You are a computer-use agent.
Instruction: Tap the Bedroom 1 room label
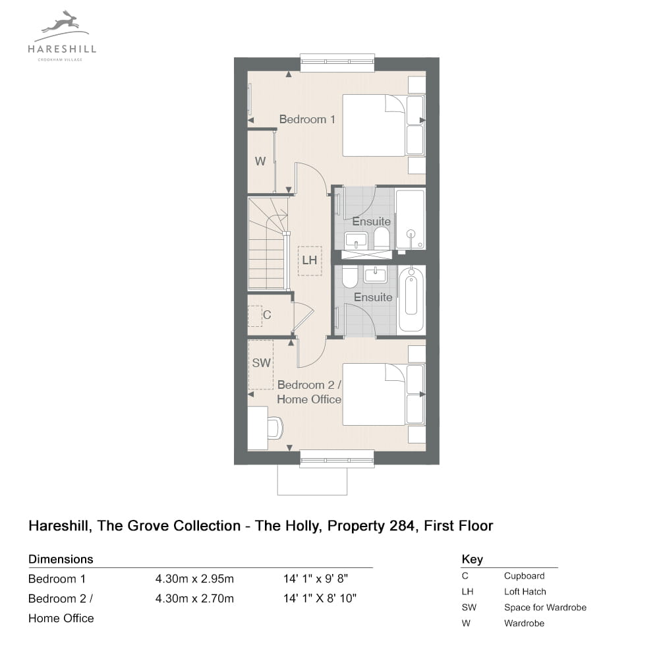coord(307,119)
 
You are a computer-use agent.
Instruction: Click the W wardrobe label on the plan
coord(260,161)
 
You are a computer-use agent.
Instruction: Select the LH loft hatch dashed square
coord(310,260)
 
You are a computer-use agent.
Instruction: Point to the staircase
coord(268,243)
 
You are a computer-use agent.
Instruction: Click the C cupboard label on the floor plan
coord(267,315)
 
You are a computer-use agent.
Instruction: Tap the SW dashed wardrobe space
coord(261,364)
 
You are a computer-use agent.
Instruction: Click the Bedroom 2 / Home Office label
coord(309,391)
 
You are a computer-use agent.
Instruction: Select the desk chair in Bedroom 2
coord(275,428)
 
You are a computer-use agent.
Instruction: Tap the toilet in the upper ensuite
coord(382,238)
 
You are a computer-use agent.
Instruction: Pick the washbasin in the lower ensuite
coord(376,275)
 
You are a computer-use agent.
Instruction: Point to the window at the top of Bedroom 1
coord(337,62)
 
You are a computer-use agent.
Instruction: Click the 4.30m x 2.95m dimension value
coord(194,579)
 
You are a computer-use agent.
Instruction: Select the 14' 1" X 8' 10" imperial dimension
coord(320,598)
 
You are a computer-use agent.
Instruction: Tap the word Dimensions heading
coord(61,559)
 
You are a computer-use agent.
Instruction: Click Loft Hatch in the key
coord(525,591)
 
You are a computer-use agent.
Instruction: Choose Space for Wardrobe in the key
coord(545,608)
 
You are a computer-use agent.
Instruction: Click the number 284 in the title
coord(402,526)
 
